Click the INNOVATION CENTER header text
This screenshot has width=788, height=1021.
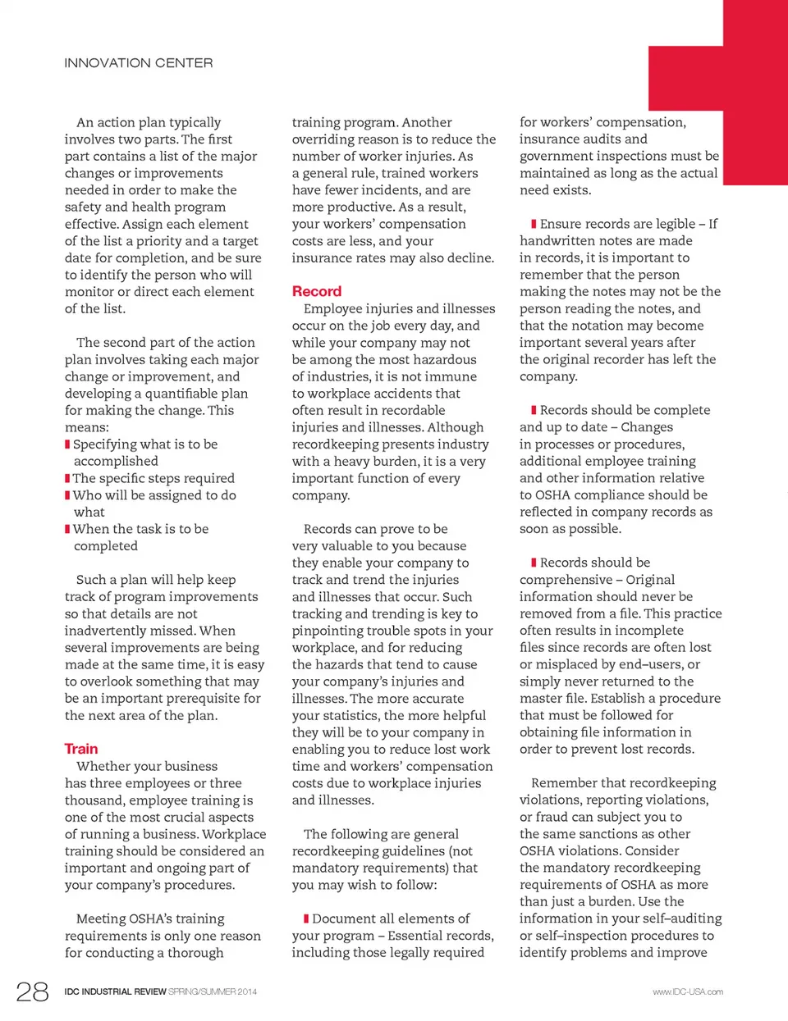click(x=139, y=63)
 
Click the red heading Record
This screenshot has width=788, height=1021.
click(x=316, y=291)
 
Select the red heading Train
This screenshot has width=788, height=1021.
click(x=81, y=749)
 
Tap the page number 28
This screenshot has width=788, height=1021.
click(x=33, y=991)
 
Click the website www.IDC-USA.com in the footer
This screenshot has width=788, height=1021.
click(x=688, y=992)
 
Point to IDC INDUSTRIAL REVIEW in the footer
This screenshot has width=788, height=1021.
click(x=115, y=992)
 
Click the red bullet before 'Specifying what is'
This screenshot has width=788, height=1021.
click(x=67, y=444)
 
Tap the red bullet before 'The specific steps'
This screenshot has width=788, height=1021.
click(x=67, y=478)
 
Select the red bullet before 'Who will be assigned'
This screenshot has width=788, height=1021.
click(x=67, y=495)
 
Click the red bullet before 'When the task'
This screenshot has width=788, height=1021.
click(x=67, y=529)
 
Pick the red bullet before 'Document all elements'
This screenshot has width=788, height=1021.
click(x=306, y=918)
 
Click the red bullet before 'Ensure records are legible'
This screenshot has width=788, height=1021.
click(x=534, y=224)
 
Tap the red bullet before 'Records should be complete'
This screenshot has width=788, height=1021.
click(x=534, y=410)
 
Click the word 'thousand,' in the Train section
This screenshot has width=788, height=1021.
click(x=93, y=800)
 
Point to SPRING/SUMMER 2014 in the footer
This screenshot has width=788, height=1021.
click(x=213, y=992)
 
